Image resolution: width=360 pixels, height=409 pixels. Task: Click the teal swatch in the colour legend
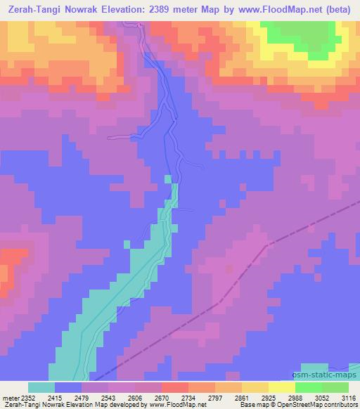click(x=41, y=387)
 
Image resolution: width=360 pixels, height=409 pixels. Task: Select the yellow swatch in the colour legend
click(x=255, y=387)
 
